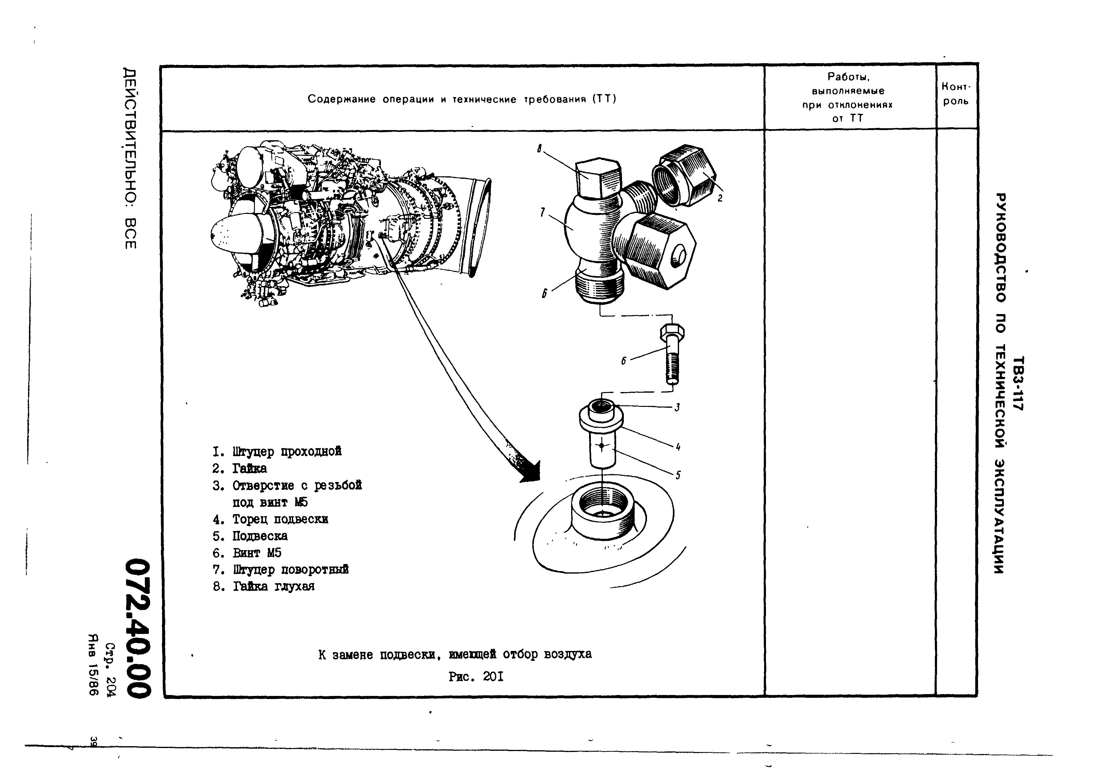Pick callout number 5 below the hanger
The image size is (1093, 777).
678,475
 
